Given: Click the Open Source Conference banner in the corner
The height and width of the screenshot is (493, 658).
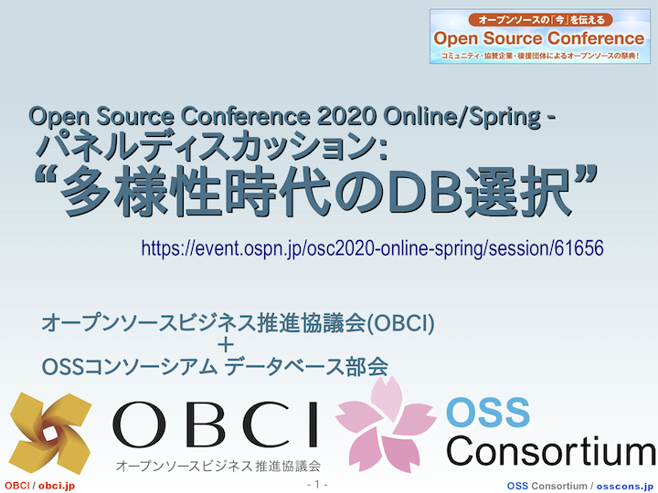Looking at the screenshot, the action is (540, 37).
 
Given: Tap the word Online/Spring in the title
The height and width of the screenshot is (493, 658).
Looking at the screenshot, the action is (462, 117).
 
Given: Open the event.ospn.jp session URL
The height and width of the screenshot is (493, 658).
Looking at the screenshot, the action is (372, 248).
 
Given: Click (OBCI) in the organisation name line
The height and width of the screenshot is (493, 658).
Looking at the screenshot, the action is (401, 323).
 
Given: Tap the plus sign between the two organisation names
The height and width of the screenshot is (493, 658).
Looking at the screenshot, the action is (226, 345).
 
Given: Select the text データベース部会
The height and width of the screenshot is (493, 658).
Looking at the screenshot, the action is (306, 366).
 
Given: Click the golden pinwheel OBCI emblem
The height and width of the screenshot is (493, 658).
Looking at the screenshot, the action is (50, 433).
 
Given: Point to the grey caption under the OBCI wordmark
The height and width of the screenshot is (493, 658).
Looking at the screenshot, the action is (218, 466).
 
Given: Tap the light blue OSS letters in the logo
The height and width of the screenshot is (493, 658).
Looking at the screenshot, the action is (488, 412).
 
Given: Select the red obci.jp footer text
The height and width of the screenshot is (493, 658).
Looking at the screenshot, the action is (57, 486).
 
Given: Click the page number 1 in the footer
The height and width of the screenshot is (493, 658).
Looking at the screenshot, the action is (317, 485).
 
